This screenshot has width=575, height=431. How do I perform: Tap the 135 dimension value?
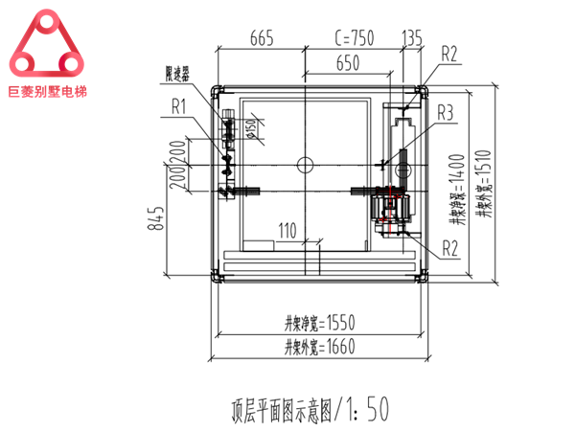click(413, 38)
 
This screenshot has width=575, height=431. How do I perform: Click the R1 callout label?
click(178, 104)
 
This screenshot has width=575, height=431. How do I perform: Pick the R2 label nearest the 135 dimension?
click(450, 54)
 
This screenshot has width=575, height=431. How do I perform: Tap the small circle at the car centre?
click(305, 163)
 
